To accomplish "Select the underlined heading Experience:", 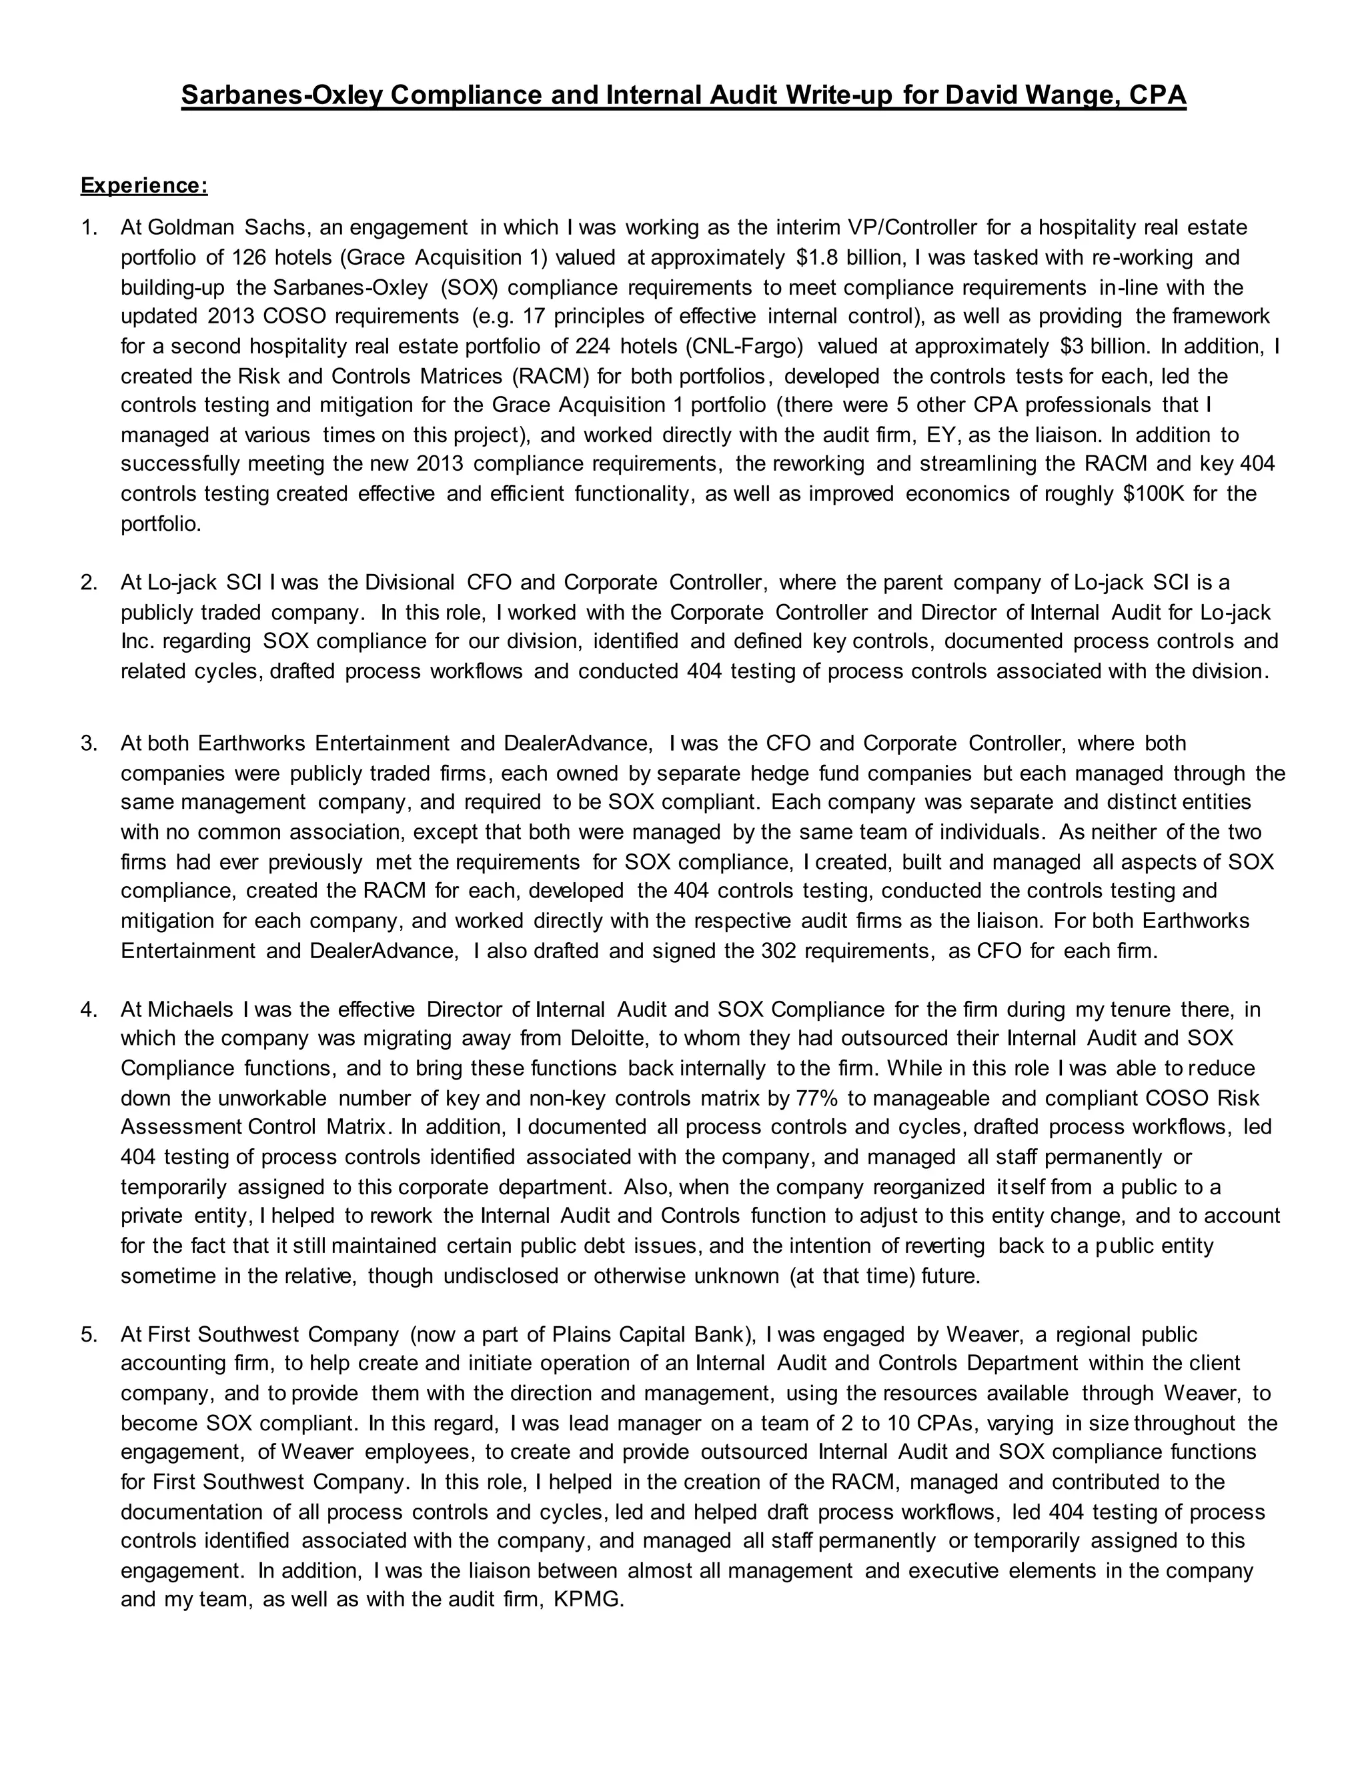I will pos(144,186).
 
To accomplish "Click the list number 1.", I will pos(88,228).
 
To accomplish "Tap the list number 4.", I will pos(88,1010).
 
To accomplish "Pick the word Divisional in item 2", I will pos(410,583).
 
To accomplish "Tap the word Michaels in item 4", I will pos(191,1010).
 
